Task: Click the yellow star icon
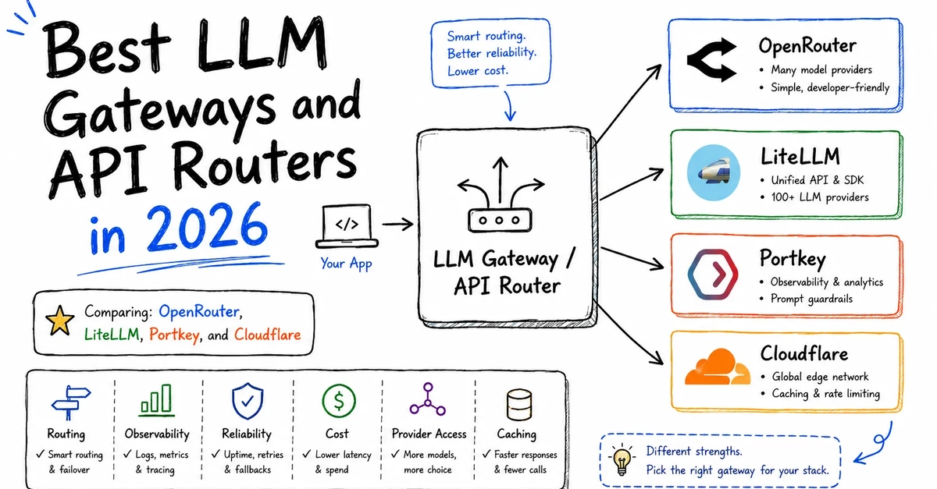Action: click(59, 321)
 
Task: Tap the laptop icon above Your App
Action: click(347, 226)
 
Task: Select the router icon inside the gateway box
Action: click(501, 195)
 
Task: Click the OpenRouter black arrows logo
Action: click(711, 60)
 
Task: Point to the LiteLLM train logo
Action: click(713, 172)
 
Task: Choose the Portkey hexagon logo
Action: click(713, 275)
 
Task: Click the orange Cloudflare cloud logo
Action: click(717, 367)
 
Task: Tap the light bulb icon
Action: click(622, 459)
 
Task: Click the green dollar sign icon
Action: click(339, 401)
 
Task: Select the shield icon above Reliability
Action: click(248, 401)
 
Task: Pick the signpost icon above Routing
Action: click(70, 402)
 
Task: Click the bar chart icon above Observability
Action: click(156, 400)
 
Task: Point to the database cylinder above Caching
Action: click(518, 404)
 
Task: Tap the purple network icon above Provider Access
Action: click(428, 399)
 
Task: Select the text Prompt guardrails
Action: click(811, 299)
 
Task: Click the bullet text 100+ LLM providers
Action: click(820, 197)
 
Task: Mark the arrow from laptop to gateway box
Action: click(397, 225)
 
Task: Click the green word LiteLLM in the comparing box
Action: click(112, 335)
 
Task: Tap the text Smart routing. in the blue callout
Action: click(486, 36)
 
